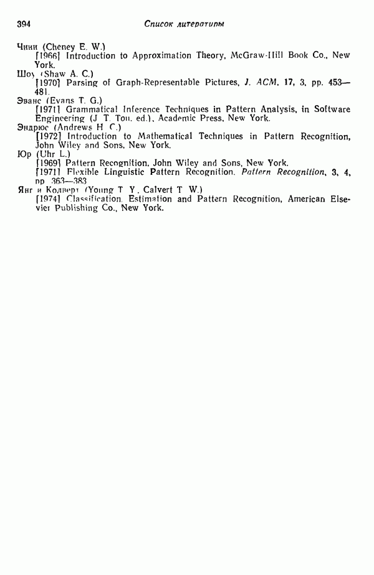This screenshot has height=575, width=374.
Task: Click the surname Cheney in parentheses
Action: tap(60, 47)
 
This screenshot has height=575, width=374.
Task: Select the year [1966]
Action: tap(47, 55)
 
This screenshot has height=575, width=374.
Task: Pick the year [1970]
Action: tap(47, 82)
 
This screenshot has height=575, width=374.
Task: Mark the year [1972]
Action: tap(47, 136)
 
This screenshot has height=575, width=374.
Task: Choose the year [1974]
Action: tap(47, 199)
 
